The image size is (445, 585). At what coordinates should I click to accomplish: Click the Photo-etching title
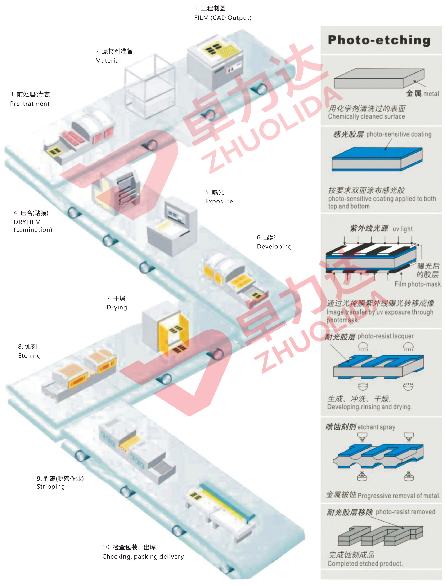(379, 40)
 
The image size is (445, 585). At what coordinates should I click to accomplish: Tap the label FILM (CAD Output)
(223, 18)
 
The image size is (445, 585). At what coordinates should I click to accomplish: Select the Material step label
(108, 61)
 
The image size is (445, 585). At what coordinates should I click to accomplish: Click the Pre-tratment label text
(30, 104)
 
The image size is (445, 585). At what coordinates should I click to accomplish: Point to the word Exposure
(219, 202)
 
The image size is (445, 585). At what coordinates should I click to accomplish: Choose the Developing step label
(274, 247)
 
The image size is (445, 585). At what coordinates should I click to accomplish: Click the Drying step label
(117, 308)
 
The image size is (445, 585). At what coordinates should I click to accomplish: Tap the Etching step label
(29, 356)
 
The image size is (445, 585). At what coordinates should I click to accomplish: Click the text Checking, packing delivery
(143, 557)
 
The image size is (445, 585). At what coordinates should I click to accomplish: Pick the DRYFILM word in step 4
(27, 222)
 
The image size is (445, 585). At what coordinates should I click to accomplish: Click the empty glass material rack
(150, 86)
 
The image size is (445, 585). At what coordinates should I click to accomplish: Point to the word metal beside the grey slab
(431, 94)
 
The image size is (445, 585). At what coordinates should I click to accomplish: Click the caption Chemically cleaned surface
(366, 116)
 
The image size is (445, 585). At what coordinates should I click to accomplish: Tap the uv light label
(402, 229)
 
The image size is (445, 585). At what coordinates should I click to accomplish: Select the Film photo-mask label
(417, 284)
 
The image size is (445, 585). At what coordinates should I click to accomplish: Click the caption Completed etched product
(365, 563)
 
